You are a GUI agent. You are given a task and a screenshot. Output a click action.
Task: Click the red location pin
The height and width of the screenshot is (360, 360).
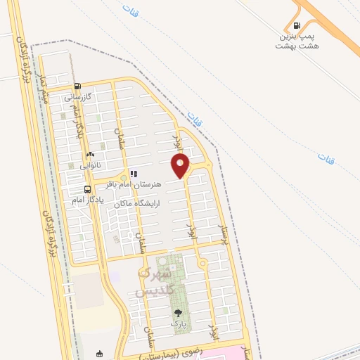click(x=181, y=165)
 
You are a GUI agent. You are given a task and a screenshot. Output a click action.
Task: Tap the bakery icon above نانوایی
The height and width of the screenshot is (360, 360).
click(x=89, y=155)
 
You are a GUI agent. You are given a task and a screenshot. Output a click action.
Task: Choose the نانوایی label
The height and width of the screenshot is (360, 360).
click(x=90, y=166)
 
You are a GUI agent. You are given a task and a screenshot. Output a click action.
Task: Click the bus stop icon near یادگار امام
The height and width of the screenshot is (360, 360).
click(x=87, y=189)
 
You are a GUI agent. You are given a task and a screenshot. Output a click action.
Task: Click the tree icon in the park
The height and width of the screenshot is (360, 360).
click(x=178, y=313)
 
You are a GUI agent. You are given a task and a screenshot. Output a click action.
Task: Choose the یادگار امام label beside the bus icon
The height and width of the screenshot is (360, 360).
click(x=88, y=200)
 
